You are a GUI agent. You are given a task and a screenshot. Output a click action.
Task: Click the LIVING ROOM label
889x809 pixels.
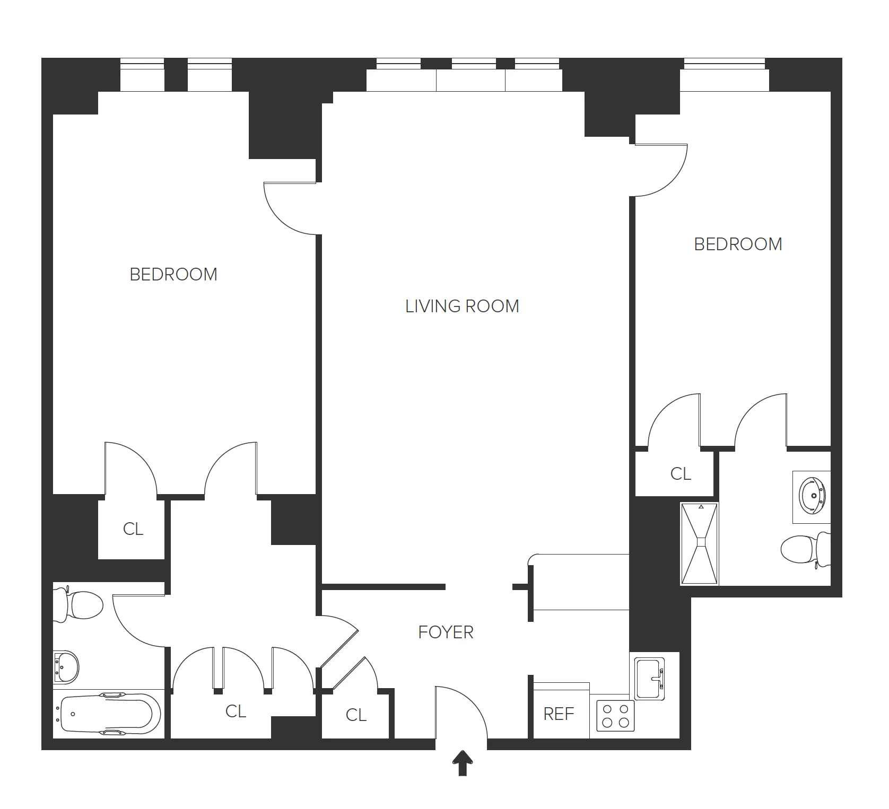[462, 306]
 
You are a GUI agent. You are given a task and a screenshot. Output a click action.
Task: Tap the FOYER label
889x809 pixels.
[446, 632]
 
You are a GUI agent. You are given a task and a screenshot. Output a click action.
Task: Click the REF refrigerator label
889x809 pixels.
[559, 714]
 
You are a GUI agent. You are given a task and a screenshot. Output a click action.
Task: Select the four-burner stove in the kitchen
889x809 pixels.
[615, 716]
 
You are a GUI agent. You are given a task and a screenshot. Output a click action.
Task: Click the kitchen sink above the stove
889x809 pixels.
[650, 679]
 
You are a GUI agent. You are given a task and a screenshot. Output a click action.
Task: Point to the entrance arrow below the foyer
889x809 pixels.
[463, 763]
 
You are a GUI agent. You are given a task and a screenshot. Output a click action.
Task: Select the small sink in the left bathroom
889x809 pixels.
[66, 666]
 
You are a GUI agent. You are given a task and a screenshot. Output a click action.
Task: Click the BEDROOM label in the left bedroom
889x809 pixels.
[173, 275]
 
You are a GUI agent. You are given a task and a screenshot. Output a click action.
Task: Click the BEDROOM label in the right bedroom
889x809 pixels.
[738, 244]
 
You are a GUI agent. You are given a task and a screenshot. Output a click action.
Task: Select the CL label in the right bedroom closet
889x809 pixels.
[681, 473]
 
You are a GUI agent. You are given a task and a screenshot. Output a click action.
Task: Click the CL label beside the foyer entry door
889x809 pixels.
[356, 715]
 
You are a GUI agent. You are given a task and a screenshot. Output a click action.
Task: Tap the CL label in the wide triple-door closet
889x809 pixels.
[236, 711]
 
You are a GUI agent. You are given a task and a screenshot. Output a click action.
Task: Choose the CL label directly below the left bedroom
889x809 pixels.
[133, 529]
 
